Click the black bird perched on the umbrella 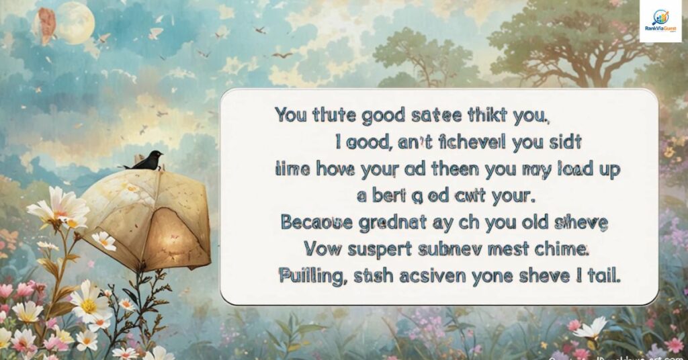coord(146,160)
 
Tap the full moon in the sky coord(74,23)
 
